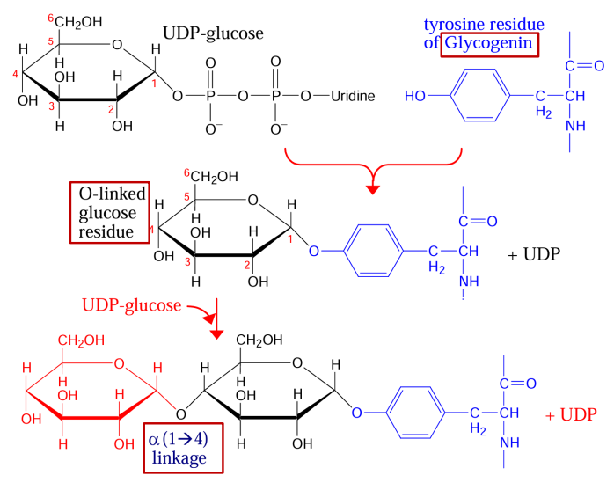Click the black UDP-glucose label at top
[213, 34]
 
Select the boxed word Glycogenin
[489, 41]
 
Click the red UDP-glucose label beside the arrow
[131, 305]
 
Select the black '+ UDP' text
[533, 255]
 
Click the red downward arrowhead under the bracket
[373, 187]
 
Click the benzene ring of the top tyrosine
[480, 95]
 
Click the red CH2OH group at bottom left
[82, 340]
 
